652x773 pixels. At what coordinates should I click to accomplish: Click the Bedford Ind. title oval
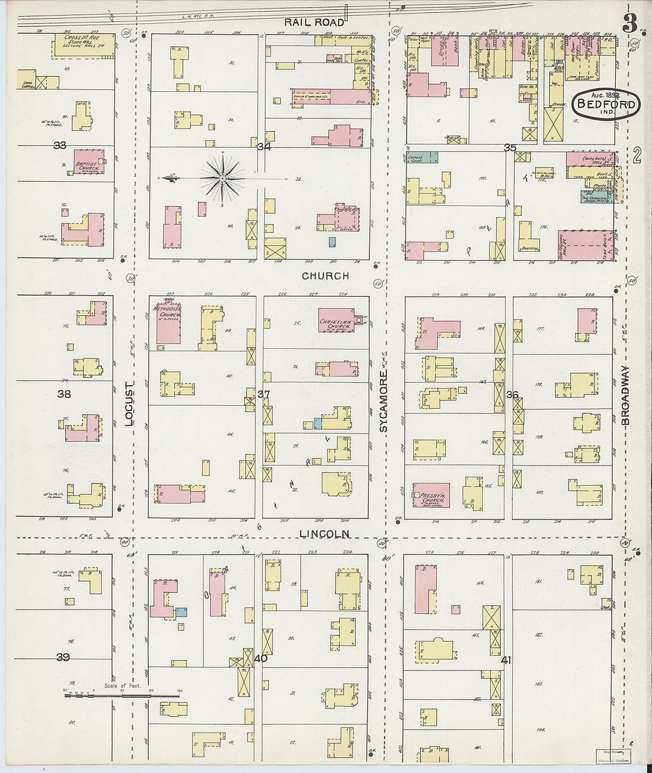point(606,105)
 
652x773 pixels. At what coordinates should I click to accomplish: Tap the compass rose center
point(222,178)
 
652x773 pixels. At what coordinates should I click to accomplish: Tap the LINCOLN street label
point(324,534)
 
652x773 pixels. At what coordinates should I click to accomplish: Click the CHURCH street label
point(325,276)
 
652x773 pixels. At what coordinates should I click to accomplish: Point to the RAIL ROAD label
point(305,22)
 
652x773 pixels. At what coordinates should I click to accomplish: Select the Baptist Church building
point(88,163)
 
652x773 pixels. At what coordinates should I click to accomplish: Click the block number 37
point(263,394)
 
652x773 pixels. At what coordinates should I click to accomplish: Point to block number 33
point(59,145)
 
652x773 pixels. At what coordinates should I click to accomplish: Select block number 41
point(506,660)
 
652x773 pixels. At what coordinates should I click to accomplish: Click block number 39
point(63,657)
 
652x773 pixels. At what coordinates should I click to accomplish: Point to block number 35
point(509,147)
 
